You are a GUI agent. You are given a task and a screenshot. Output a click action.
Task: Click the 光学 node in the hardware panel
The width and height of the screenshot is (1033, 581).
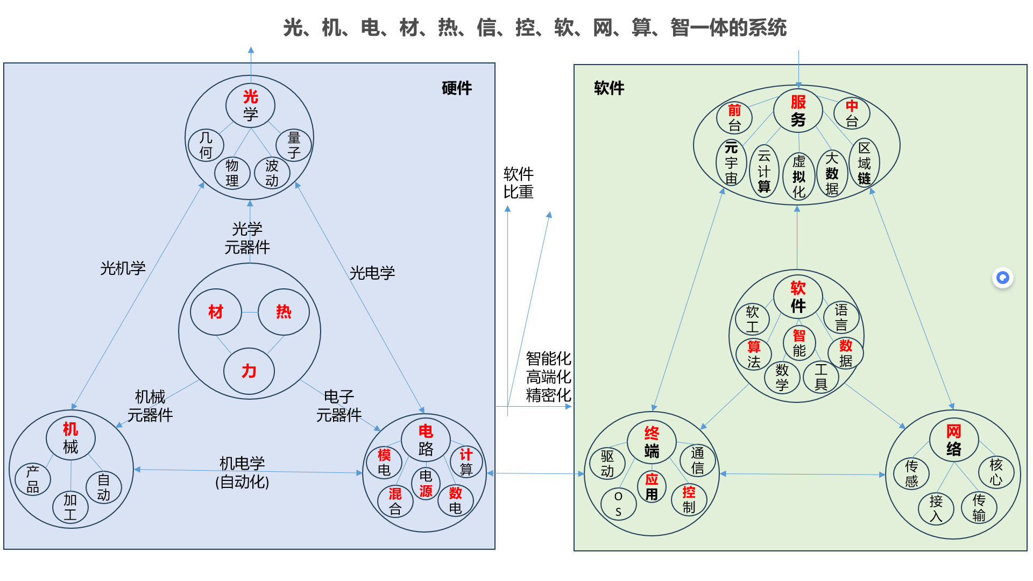(250, 105)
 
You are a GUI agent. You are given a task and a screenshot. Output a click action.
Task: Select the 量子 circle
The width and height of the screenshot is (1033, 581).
(294, 145)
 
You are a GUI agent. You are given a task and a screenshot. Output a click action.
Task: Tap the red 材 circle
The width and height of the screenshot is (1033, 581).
(216, 312)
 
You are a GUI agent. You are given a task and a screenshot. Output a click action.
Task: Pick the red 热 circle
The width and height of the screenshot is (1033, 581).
(284, 312)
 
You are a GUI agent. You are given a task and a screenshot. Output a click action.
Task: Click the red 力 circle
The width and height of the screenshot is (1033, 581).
(249, 371)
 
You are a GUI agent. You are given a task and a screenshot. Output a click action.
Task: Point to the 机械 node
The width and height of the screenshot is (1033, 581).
(70, 438)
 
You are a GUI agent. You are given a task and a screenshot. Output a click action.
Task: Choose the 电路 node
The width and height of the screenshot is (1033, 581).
(426, 440)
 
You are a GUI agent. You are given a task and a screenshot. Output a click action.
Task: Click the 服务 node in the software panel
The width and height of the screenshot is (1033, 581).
(798, 110)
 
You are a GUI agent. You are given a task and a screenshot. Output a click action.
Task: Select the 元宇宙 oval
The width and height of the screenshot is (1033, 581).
(731, 162)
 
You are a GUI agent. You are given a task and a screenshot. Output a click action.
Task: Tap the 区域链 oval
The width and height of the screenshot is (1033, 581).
(864, 162)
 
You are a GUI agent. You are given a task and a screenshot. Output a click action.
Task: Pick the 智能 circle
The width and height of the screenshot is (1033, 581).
(799, 343)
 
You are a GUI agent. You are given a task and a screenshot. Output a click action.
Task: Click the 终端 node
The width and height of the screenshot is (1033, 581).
(652, 442)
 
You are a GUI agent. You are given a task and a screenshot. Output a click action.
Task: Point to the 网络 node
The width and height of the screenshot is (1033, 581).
(953, 440)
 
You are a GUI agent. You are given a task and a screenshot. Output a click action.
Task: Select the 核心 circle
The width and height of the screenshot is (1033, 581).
(996, 472)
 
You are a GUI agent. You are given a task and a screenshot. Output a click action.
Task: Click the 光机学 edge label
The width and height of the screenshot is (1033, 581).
(123, 268)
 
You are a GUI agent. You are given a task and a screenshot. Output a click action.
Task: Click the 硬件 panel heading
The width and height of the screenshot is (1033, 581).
(456, 88)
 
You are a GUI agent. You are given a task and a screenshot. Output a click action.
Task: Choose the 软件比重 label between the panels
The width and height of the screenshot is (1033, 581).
(518, 183)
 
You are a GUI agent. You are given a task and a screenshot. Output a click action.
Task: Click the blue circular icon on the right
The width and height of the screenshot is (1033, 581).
(1002, 278)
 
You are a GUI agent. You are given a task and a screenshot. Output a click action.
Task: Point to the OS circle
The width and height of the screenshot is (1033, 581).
(618, 504)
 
